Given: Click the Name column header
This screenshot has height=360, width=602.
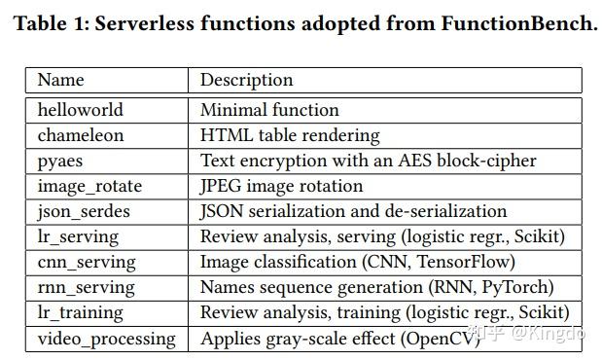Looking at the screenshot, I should click(x=60, y=81).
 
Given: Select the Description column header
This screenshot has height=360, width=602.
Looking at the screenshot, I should click(x=246, y=81).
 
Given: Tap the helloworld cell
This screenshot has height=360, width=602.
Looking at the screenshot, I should click(x=81, y=110).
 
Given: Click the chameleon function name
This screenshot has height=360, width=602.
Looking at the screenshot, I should click(x=81, y=135).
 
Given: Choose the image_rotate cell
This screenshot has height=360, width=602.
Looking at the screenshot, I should click(x=89, y=186).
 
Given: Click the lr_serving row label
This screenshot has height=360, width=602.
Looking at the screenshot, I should click(x=78, y=236).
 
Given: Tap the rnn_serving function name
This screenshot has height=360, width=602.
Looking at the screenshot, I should click(x=84, y=287).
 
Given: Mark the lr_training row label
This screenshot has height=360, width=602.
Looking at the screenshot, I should click(x=81, y=312).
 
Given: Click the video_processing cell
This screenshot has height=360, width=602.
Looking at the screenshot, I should click(x=107, y=339).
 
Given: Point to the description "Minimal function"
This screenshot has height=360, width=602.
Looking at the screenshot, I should click(x=269, y=110).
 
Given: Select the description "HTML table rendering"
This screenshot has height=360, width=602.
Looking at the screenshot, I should click(x=290, y=135).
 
